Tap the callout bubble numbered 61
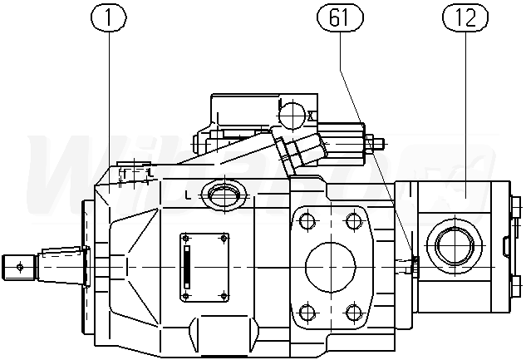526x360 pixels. coord(340,16)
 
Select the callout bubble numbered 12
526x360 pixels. coord(465,16)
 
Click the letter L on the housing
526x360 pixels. coord(189,196)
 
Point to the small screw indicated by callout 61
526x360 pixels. coord(410,266)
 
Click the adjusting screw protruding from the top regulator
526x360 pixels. coord(375,143)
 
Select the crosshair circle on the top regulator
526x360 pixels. coord(292,112)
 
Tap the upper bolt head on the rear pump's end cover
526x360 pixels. coord(516,205)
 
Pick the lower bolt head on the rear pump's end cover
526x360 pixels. coord(516,286)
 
